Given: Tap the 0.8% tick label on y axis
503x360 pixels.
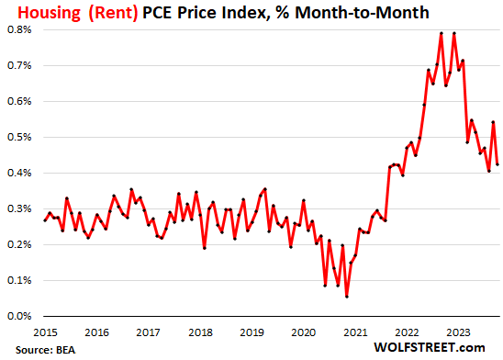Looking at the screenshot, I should [x=20, y=29].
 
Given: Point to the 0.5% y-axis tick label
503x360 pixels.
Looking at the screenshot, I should [x=20, y=137].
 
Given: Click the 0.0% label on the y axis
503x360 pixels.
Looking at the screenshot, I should [x=20, y=316].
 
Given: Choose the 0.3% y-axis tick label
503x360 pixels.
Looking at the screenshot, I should [x=20, y=208].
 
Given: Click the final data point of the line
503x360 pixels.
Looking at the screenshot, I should [x=497, y=164].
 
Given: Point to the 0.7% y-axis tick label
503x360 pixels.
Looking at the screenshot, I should [x=20, y=65].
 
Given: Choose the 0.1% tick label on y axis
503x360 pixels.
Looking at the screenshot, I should [x=20, y=280].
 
